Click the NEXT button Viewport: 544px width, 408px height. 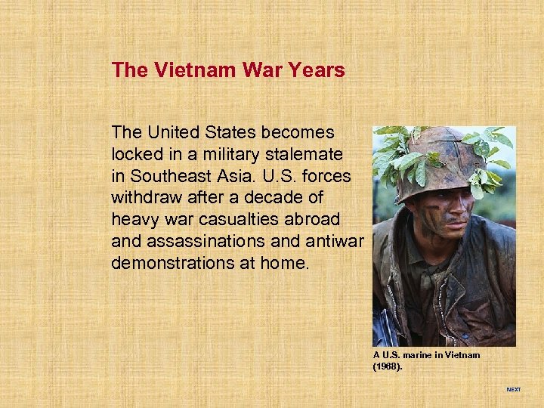513,389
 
